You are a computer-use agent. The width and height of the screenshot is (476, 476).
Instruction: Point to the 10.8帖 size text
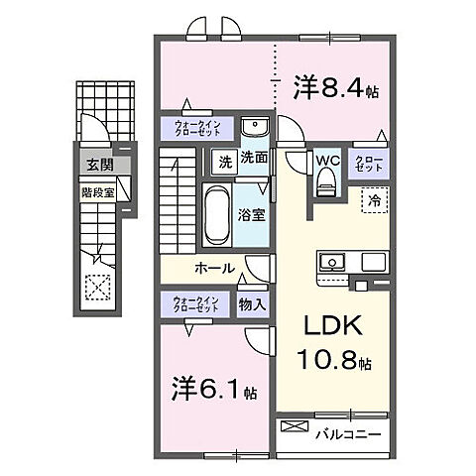click(x=331, y=365)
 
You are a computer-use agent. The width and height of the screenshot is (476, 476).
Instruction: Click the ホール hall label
click(x=214, y=268)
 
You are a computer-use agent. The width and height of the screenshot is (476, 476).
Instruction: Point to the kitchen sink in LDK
click(x=332, y=262)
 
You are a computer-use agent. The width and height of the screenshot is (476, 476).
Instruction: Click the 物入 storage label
click(x=252, y=305)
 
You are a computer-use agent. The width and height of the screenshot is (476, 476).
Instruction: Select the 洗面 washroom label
click(x=253, y=158)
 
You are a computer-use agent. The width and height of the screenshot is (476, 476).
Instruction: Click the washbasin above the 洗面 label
click(x=255, y=129)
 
